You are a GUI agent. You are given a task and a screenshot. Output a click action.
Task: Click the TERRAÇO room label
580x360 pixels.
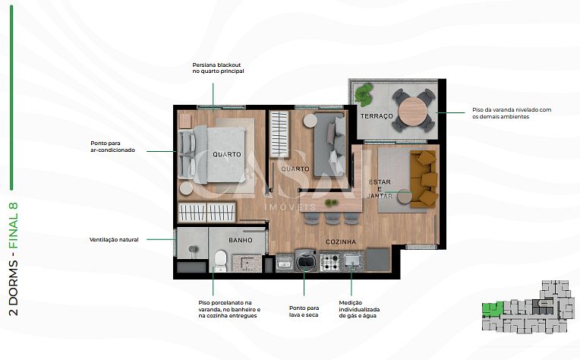pos(377,116)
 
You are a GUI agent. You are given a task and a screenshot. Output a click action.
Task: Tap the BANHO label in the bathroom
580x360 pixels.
pos(241,240)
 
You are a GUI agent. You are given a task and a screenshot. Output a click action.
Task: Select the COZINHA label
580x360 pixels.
pos(341,242)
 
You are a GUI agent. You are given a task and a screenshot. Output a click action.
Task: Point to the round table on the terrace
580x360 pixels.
pos(412,110)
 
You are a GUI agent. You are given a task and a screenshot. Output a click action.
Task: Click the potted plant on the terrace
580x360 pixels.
pos(364,94)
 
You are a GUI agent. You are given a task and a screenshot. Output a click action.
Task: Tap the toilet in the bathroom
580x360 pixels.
pos(220,261)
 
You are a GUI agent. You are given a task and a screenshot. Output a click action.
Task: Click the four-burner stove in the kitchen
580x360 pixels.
pos(329,261)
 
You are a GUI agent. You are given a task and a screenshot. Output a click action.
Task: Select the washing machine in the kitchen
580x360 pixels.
pos(305,260)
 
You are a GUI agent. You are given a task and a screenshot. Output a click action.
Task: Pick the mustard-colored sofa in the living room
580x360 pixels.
pos(424,178)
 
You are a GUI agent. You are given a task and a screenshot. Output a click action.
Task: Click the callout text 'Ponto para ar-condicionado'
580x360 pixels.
pos(113,147)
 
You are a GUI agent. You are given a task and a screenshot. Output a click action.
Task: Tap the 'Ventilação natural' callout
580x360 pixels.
pos(114,240)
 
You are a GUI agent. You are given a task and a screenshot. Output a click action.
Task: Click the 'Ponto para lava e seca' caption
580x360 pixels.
pos(304,311)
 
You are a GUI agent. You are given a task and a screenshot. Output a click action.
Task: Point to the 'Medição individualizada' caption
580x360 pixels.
pos(359,309)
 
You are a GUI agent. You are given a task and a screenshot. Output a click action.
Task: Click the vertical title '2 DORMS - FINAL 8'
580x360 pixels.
pos(14,259)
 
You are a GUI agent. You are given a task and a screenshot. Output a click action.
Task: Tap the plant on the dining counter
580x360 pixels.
pos(331,202)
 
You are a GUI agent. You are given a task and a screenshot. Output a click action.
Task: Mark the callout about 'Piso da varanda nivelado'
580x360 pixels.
pos(512,113)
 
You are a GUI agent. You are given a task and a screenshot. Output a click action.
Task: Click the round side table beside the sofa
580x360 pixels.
pos(405,197)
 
